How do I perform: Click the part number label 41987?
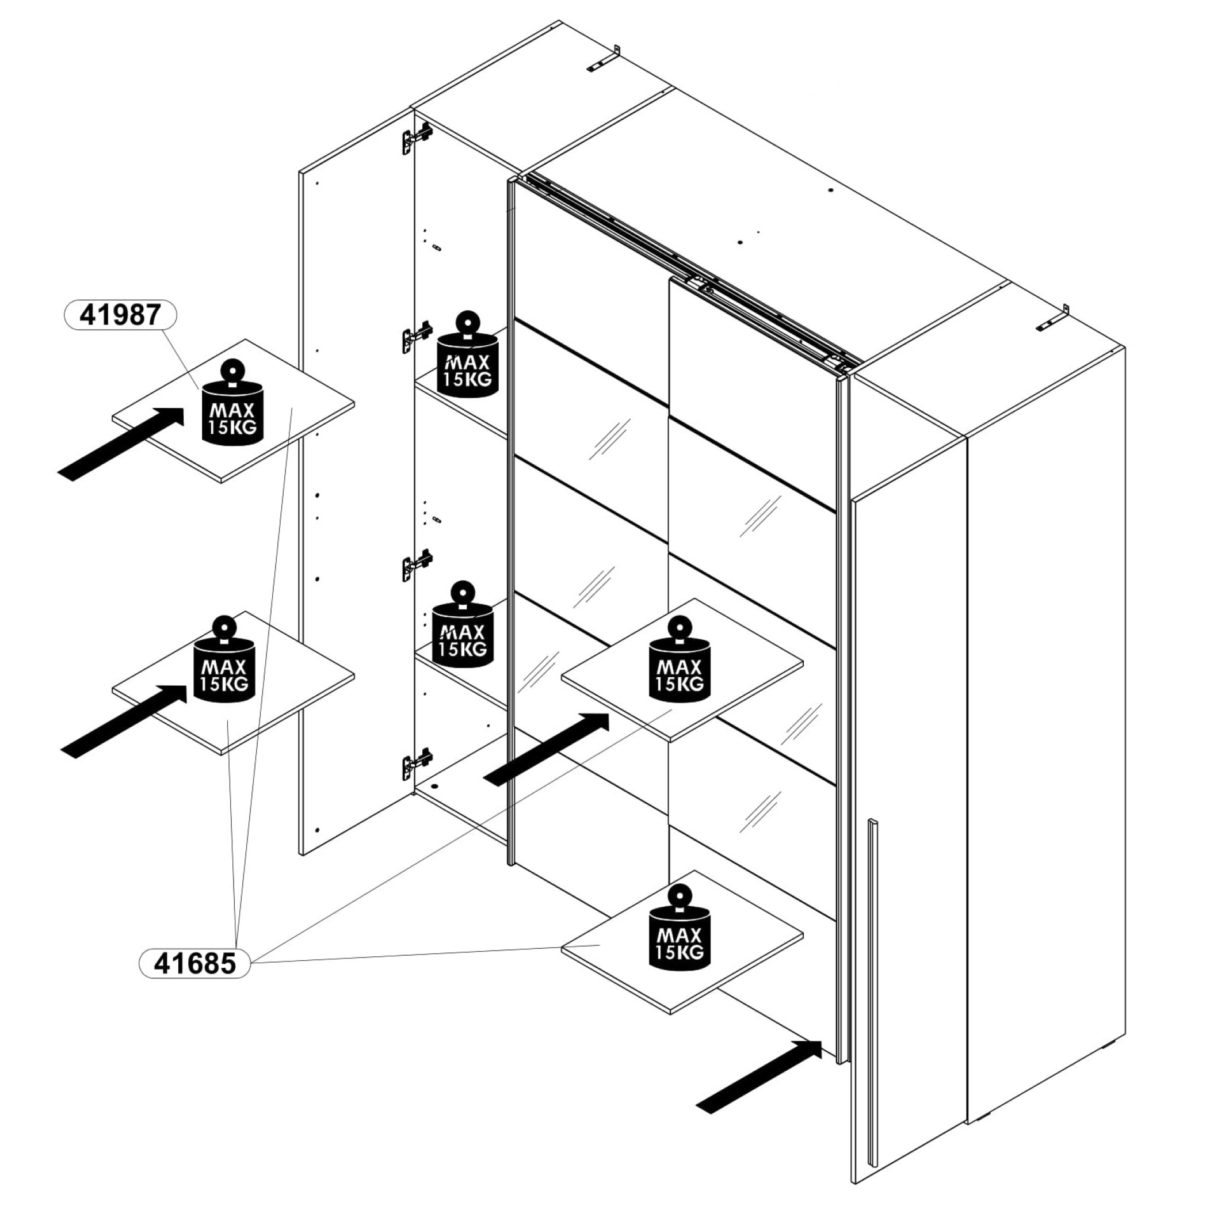click(x=120, y=315)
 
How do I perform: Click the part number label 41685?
click(x=194, y=963)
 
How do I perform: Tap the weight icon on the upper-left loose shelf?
click(x=232, y=403)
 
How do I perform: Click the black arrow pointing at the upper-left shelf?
click(x=122, y=442)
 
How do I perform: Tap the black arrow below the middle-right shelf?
click(x=547, y=749)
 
